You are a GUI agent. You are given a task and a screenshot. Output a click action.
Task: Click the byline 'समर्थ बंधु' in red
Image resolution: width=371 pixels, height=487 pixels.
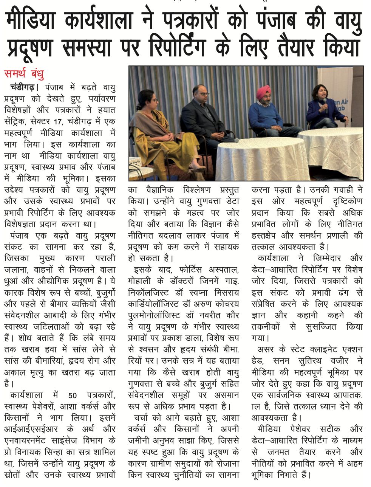24,73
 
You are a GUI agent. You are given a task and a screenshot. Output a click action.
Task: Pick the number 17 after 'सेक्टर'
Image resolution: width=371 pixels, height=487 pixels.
62,122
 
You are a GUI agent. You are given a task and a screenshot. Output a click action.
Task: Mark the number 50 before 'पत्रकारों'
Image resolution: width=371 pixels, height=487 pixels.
73,395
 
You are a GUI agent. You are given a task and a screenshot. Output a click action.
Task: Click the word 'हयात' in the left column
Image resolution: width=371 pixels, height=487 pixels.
106,110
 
